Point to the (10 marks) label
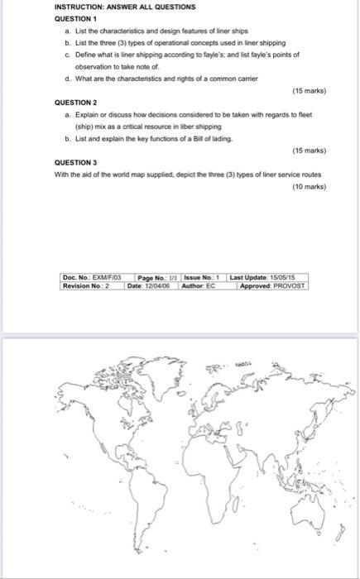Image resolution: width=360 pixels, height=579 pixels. [310, 187]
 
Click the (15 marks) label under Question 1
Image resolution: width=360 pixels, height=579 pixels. [310, 92]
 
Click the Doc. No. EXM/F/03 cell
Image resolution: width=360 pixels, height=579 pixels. [92, 277]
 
